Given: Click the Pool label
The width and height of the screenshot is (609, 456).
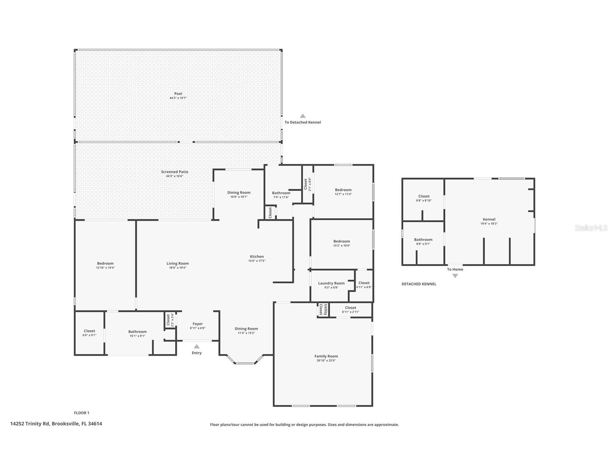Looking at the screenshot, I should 178,94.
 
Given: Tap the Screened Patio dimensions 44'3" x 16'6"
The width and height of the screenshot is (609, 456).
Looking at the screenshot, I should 174,176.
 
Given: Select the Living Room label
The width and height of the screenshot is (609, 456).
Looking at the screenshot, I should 177,263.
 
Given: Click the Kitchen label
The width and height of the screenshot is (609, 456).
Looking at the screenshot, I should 257,256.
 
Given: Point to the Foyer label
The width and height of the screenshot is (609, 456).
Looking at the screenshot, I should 197,324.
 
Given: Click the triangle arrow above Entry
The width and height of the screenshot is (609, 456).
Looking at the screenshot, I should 197,346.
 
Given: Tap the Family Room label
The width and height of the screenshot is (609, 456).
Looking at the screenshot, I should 326,356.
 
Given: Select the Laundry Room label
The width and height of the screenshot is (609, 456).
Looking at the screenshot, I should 331,283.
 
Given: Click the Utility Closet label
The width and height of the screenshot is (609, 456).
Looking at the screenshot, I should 323,310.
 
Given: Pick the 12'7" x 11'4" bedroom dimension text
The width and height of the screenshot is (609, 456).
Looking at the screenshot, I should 343,194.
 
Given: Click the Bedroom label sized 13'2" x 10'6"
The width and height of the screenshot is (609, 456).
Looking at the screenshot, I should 341,241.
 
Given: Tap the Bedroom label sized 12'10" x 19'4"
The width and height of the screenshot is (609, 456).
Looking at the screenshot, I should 105,263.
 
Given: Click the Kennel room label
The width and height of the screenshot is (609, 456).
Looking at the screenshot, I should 489,219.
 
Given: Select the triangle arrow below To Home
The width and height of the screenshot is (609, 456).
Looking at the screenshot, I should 455,276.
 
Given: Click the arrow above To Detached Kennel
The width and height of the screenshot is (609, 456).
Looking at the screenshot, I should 303,116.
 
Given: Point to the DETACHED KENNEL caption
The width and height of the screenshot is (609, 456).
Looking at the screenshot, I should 419,284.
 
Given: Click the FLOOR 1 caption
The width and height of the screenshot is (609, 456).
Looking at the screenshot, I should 81,413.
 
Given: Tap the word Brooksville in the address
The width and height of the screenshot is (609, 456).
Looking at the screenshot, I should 65,423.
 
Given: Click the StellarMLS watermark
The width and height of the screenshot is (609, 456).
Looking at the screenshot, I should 591,228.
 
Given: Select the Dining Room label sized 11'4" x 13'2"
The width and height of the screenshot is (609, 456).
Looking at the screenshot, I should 246,329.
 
